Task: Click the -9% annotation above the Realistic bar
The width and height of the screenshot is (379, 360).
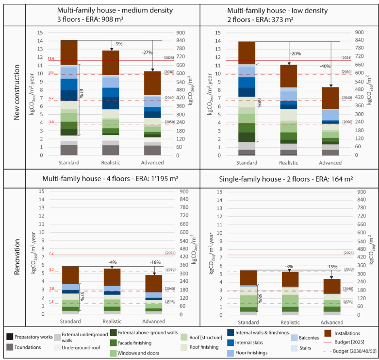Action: tap(118, 44)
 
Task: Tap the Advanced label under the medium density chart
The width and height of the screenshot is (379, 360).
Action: tap(153, 163)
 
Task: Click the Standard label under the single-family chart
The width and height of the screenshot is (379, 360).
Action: tap(248, 322)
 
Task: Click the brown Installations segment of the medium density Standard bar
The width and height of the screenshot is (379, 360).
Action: tap(69, 52)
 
